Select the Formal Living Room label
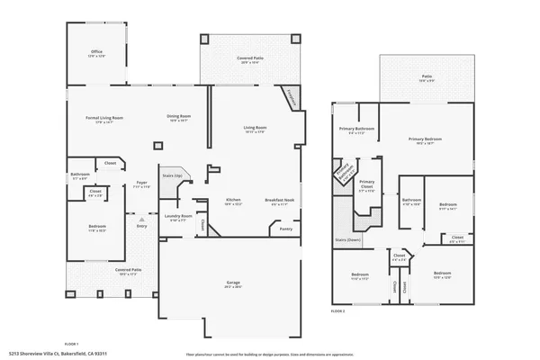tap(104, 119)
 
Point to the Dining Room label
tap(179, 116)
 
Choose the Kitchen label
tap(233, 200)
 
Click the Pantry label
tap(285, 229)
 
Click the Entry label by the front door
tap(141, 225)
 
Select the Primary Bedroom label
tap(425, 139)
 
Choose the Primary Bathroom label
tap(356, 129)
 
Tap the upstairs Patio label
tap(426, 77)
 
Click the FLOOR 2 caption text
tap(337, 310)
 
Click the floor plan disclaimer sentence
tap(270, 354)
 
